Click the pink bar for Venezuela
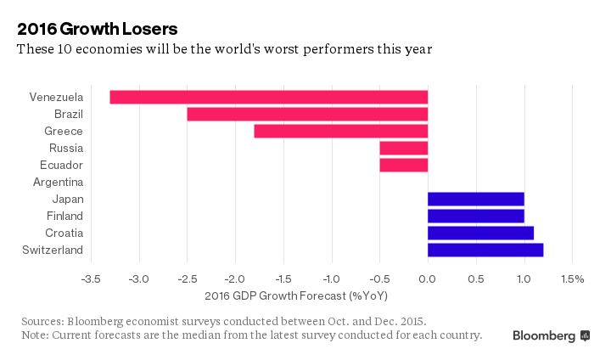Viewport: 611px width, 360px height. (x=269, y=97)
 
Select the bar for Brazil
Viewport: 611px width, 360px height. (x=307, y=114)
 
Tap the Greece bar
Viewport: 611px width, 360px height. (x=340, y=131)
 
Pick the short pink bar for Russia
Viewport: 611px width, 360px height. (x=403, y=148)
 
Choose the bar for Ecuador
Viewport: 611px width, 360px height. (x=403, y=165)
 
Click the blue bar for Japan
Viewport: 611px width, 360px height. (x=475, y=199)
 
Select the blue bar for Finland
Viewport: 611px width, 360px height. (x=475, y=216)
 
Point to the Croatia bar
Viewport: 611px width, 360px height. (x=480, y=233)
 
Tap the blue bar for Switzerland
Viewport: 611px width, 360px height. (x=485, y=250)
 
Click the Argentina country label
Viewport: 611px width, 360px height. (x=58, y=182)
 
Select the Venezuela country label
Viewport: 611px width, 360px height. (x=56, y=97)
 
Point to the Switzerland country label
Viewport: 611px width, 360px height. (x=53, y=250)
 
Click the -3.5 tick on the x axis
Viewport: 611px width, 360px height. (x=91, y=279)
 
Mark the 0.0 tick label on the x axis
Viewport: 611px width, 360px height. (x=428, y=279)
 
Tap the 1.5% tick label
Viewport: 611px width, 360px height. (x=573, y=279)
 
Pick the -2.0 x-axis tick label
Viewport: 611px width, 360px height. (x=235, y=279)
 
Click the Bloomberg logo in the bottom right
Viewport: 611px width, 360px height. (x=551, y=335)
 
